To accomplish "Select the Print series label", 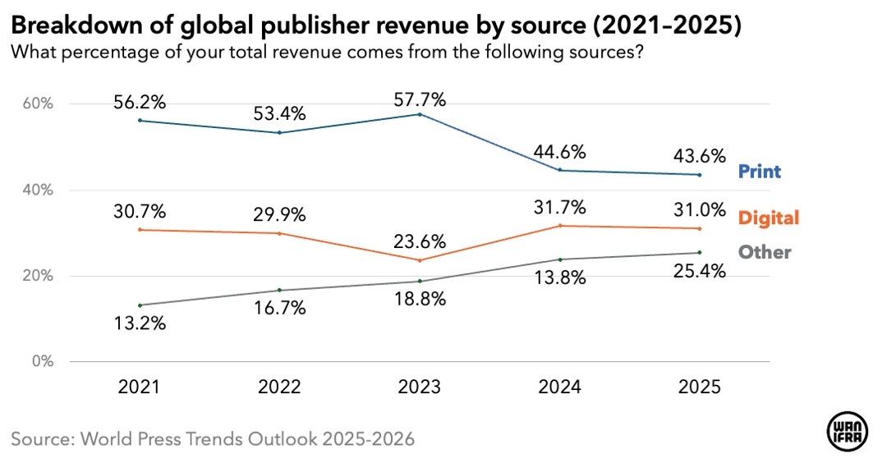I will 760,172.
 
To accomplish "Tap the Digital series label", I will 769,218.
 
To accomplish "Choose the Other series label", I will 765,252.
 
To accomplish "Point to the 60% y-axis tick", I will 37,104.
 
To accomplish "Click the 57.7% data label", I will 421,100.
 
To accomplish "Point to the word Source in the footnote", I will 40,438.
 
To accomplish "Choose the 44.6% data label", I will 561,152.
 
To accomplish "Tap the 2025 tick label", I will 701,388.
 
